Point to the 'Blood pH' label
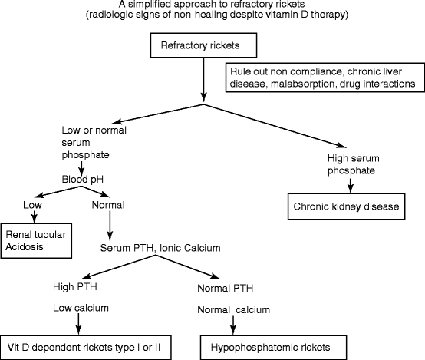(84, 180)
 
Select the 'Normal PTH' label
(227, 288)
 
